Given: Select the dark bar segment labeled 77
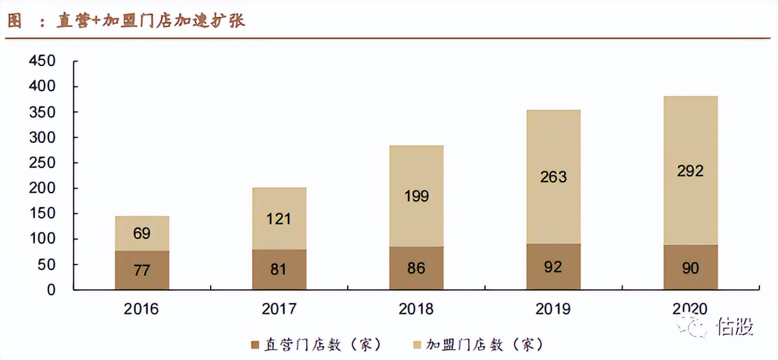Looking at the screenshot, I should [x=142, y=270].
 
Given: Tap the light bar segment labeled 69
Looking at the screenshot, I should [x=142, y=233].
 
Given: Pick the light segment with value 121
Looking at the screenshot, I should [x=279, y=218].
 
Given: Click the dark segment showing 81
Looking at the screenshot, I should [x=279, y=269].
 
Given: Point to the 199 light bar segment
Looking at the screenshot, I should [x=416, y=196].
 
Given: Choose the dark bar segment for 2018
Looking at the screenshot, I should [x=416, y=268].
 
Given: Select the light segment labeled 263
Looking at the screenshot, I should [x=553, y=176].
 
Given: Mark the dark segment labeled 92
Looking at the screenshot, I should [x=553, y=266].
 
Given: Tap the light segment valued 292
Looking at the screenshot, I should [x=690, y=170].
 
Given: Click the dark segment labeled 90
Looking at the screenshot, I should [x=690, y=268].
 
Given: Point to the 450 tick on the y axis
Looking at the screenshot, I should [x=43, y=61].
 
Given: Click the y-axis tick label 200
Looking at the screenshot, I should [x=43, y=188].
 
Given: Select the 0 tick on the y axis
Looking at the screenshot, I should [x=51, y=290].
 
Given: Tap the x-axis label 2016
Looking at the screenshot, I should [x=142, y=309].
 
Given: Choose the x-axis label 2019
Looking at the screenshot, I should [x=553, y=309].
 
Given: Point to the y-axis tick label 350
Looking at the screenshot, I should [x=43, y=112].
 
